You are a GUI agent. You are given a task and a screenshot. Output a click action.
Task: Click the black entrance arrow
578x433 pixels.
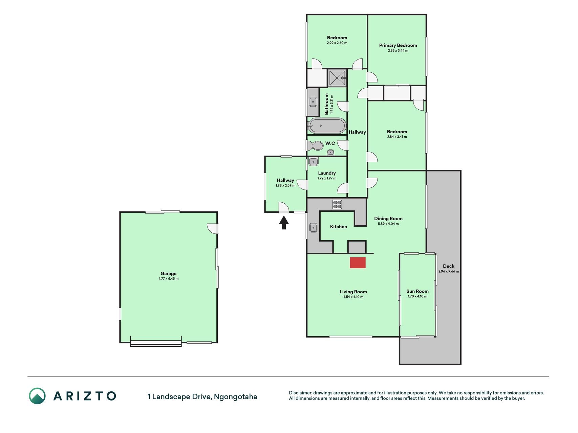(284, 223)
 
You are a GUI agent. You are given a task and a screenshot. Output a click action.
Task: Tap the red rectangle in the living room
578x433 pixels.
(358, 263)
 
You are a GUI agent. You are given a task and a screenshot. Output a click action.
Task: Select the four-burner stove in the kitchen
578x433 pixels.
(337, 204)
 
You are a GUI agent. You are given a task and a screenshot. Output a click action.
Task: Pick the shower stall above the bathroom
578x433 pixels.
(337, 78)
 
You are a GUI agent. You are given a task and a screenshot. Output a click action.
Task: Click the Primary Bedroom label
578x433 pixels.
(398, 45)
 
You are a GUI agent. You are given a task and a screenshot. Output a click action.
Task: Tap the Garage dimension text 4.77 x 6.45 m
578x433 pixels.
(168, 279)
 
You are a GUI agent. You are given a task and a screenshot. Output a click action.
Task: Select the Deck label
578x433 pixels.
(449, 266)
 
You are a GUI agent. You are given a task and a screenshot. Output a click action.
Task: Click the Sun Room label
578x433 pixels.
(418, 291)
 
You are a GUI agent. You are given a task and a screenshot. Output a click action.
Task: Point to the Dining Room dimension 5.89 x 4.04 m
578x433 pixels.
(388, 224)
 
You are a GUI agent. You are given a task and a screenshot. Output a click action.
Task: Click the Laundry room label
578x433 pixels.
(327, 173)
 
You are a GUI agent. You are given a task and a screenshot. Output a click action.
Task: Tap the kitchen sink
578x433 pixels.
(313, 228)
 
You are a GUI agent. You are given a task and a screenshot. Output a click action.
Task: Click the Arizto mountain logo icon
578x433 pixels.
(37, 396)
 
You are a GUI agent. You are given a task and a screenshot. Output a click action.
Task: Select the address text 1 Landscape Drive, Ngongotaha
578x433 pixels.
(202, 396)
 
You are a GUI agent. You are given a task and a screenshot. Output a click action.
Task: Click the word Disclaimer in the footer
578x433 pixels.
(300, 393)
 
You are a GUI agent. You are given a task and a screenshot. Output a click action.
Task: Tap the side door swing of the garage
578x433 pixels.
(212, 229)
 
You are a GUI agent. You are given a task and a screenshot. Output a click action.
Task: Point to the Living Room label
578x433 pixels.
(353, 292)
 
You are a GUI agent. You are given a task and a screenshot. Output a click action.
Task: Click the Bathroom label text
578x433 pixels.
(327, 104)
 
